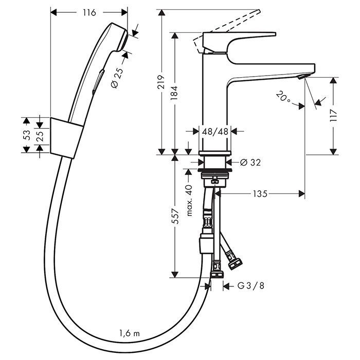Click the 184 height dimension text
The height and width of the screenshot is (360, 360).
(175, 93)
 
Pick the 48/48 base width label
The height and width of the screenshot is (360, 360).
(215, 132)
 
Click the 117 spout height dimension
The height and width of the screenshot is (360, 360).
(335, 115)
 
